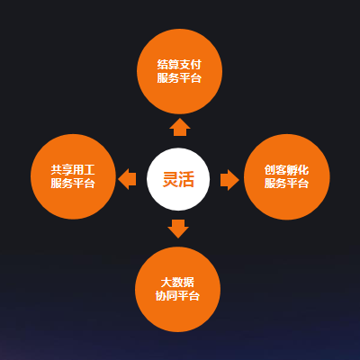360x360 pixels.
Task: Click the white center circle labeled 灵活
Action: click(x=178, y=179)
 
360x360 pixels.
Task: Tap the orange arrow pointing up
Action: click(x=180, y=127)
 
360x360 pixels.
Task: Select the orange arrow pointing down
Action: click(x=178, y=229)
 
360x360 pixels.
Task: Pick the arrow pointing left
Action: click(x=127, y=179)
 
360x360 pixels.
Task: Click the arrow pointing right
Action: click(x=229, y=180)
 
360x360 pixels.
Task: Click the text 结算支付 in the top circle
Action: click(x=179, y=65)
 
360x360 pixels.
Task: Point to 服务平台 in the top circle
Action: click(x=179, y=78)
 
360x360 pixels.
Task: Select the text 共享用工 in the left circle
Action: click(x=73, y=170)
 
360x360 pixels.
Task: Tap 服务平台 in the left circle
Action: click(x=73, y=183)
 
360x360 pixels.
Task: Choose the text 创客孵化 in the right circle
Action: click(x=286, y=170)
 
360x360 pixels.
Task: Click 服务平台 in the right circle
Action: click(x=286, y=183)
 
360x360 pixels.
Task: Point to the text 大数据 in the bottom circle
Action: click(x=177, y=283)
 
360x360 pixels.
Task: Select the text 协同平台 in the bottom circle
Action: click(x=177, y=296)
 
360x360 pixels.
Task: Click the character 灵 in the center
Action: click(x=170, y=179)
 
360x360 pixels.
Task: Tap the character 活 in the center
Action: click(x=186, y=179)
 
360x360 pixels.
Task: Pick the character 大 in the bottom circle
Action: click(x=166, y=283)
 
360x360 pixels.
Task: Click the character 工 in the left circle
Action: click(x=90, y=170)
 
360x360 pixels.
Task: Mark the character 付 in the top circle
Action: click(x=196, y=65)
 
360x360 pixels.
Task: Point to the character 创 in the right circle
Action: click(x=270, y=170)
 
